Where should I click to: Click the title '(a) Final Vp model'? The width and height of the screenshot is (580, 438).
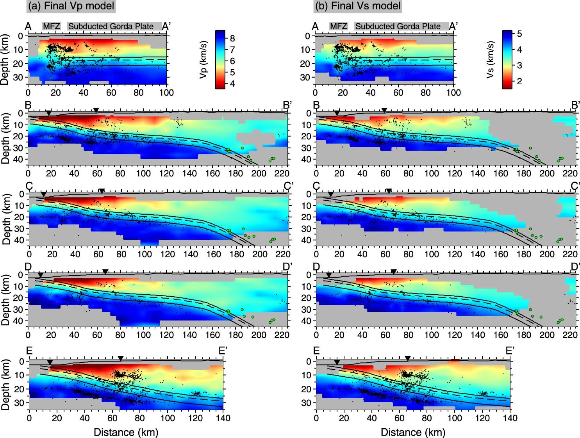click(x=71, y=6)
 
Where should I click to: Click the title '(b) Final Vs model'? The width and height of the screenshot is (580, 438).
click(x=357, y=6)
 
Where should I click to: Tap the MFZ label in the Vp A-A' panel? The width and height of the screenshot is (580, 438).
click(x=52, y=27)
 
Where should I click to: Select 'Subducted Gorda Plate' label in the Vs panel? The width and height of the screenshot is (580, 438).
click(x=398, y=27)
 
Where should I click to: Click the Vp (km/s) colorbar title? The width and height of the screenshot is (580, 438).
click(x=203, y=59)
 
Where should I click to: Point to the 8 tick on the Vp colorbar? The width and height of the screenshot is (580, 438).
click(x=232, y=38)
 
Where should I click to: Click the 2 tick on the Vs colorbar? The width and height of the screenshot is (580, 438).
click(x=519, y=81)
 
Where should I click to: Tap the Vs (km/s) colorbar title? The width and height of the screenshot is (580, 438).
click(x=491, y=59)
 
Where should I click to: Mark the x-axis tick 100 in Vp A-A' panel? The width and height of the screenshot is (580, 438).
click(x=167, y=93)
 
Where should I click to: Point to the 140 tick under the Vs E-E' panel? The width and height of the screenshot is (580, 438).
click(x=510, y=418)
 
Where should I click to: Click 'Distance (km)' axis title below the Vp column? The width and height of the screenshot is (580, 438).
click(x=126, y=432)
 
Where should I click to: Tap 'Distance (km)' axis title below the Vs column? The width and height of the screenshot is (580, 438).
click(x=413, y=432)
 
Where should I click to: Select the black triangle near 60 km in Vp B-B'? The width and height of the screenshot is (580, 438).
click(x=96, y=110)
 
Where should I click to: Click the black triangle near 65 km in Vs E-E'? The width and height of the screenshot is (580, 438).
click(x=408, y=358)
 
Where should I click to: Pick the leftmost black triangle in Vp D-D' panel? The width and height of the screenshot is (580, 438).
click(x=40, y=275)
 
